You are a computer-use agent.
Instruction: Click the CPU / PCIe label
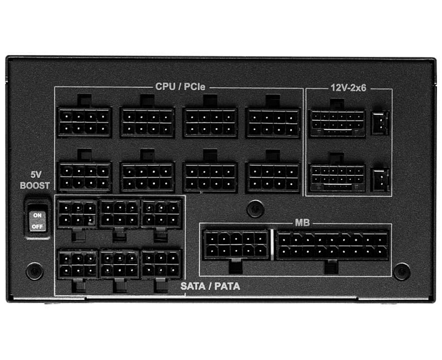180,86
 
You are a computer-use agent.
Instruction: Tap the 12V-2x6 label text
348,88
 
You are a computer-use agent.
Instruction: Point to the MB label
302,222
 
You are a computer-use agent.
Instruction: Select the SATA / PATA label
210,286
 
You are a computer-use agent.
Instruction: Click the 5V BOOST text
34,180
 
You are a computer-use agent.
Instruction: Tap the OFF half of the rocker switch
38,226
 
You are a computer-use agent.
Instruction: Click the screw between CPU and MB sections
256,209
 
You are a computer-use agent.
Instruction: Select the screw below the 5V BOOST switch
34,271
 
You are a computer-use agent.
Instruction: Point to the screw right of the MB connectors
402,271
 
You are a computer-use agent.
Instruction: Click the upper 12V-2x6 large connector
338,123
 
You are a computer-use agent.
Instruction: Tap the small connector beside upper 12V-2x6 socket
380,123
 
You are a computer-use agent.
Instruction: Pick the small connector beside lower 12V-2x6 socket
380,179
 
